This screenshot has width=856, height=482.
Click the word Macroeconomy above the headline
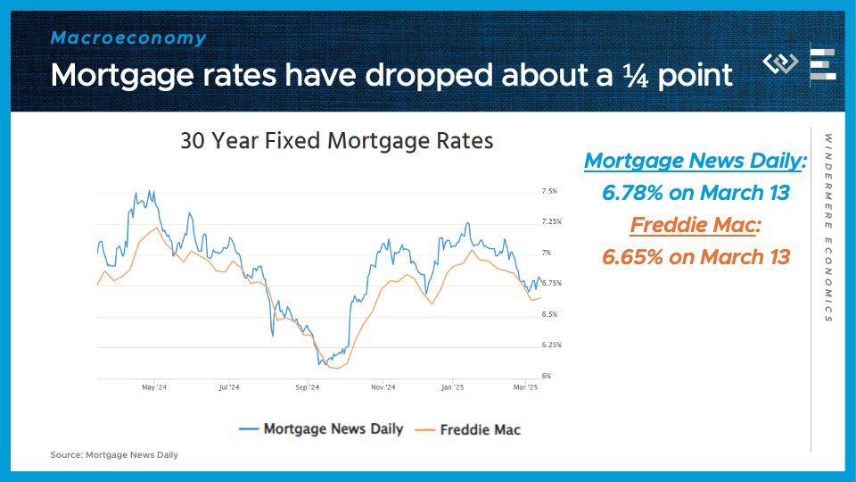point(128,38)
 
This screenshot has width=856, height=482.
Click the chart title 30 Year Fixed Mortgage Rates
point(336,141)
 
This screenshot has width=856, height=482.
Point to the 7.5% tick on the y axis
point(550,191)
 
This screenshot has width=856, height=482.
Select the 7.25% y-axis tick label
point(552,221)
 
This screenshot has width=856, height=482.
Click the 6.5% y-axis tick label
point(550,314)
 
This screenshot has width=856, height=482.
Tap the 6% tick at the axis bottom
point(547,376)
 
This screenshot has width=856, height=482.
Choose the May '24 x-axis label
point(154,387)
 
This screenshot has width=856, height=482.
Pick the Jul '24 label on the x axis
point(228,387)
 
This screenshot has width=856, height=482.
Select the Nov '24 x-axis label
point(383,387)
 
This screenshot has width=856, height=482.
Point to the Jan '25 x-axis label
point(453,387)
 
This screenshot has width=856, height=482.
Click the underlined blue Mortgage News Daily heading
point(695,161)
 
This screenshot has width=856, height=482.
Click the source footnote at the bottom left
point(114,455)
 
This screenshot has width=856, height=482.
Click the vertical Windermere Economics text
point(828,228)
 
